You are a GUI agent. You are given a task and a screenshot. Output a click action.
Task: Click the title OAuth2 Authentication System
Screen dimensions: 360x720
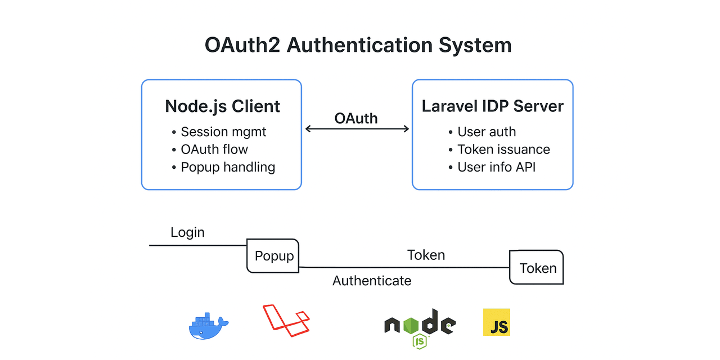point(358,45)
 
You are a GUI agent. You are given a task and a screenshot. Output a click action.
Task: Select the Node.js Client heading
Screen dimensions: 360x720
point(222,106)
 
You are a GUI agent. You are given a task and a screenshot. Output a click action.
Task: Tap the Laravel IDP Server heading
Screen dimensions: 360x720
point(492,106)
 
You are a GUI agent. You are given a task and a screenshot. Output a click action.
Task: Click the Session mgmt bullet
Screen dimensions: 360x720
point(223,132)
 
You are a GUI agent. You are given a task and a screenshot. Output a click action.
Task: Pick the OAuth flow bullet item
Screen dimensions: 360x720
point(214,149)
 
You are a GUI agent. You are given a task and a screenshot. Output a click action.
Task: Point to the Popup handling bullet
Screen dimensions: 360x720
point(227,167)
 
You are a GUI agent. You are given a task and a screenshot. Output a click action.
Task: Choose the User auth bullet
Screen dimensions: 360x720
point(486,132)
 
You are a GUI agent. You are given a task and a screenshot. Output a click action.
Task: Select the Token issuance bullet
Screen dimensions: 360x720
point(503,149)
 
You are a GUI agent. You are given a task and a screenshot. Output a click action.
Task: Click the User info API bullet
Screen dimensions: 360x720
point(496,167)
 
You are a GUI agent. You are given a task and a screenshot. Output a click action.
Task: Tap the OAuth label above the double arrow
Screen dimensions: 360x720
point(356,118)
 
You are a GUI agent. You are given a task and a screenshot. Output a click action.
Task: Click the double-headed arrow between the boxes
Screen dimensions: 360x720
point(357,129)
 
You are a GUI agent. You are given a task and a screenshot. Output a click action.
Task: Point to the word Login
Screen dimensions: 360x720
point(187,232)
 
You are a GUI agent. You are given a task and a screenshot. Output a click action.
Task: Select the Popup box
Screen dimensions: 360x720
point(273,256)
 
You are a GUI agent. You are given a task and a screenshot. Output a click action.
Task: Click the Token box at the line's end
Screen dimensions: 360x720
point(537,268)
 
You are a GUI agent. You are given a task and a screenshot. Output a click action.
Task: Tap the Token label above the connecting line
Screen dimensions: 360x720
point(426,255)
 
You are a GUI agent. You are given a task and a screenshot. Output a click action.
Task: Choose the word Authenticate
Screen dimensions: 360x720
point(372,280)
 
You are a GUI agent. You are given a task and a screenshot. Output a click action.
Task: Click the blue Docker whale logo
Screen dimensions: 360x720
point(208,326)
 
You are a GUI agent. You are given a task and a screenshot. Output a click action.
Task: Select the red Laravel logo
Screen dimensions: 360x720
point(286,320)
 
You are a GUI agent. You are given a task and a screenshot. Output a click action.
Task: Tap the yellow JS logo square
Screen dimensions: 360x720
point(497,322)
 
